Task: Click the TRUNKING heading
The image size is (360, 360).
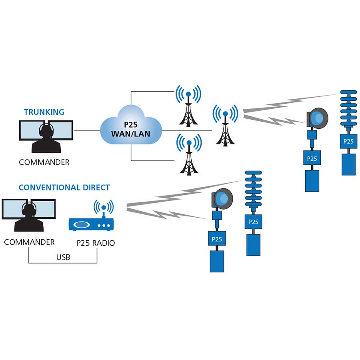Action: [x=44, y=112]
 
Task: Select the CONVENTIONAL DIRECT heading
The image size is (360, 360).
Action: [x=64, y=187]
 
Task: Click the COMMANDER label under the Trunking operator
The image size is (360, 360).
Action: [x=44, y=162]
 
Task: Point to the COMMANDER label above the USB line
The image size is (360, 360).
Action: [x=29, y=242]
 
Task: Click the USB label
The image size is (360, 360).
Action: [x=63, y=257]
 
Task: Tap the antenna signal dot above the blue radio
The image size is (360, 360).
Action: [x=104, y=208]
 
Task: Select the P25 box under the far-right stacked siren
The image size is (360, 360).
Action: [x=348, y=141]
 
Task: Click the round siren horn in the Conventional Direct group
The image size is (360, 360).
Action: [x=222, y=198]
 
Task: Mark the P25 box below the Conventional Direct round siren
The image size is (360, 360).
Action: [x=216, y=239]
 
